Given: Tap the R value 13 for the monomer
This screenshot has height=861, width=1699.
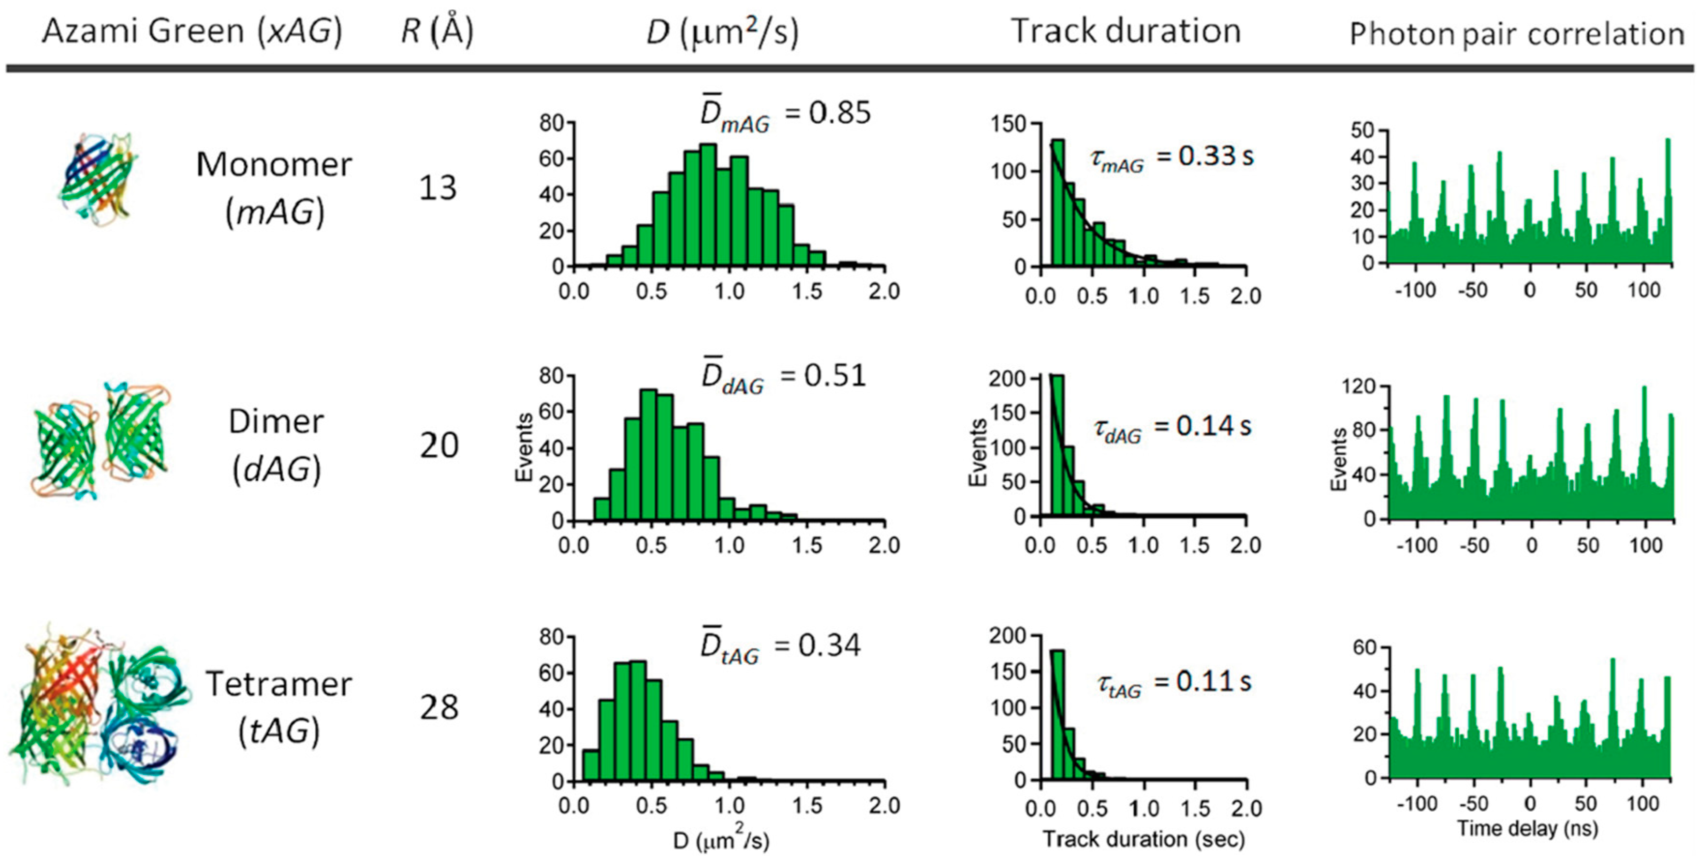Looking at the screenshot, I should [437, 188].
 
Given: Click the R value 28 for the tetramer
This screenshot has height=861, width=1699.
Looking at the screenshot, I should [439, 707].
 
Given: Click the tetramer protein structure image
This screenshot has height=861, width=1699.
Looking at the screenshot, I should [99, 705].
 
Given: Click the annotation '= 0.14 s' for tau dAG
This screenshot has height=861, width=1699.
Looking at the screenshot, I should [1203, 427].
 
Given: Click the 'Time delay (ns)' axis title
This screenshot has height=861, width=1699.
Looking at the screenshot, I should [1527, 828].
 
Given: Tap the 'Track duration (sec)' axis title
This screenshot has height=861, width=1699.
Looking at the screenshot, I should [1143, 839].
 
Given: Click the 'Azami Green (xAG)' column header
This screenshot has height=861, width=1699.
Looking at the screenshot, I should [192, 31].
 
